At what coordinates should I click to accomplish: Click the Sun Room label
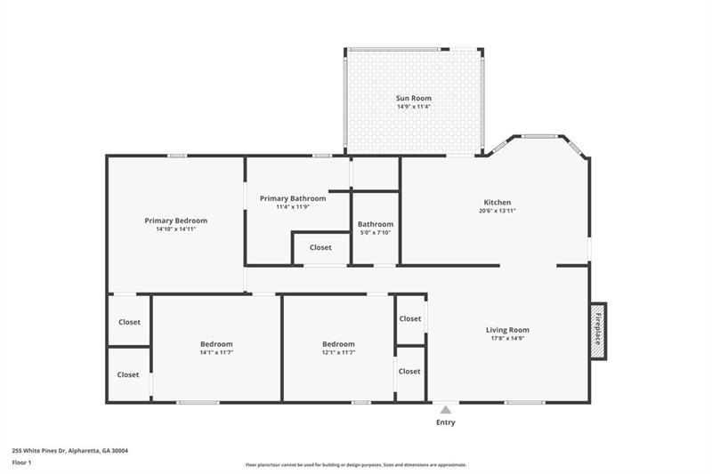click(x=413, y=98)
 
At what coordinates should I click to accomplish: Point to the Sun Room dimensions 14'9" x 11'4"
click(x=413, y=107)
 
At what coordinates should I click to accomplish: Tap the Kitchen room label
click(x=497, y=202)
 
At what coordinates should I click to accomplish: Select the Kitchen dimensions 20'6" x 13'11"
click(x=497, y=211)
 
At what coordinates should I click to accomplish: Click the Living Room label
click(x=507, y=330)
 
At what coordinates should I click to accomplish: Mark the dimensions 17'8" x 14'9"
click(x=507, y=339)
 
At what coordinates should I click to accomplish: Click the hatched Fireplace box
click(x=599, y=330)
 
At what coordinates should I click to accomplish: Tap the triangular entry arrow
click(x=445, y=410)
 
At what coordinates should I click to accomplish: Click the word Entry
click(x=445, y=422)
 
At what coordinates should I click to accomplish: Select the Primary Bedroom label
click(x=175, y=221)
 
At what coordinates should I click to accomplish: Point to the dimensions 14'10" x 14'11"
click(x=175, y=229)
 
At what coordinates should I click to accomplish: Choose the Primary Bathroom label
click(x=293, y=198)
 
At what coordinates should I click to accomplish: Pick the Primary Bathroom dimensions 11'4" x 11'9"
click(x=293, y=207)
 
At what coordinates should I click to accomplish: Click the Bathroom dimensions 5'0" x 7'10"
click(x=375, y=233)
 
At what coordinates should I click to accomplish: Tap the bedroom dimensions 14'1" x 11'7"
click(x=216, y=353)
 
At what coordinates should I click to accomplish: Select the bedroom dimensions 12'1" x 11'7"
click(x=338, y=353)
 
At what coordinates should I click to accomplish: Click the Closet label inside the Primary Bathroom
click(x=320, y=247)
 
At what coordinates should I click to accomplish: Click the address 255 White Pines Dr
click(x=69, y=450)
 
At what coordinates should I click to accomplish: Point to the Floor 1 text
click(x=22, y=462)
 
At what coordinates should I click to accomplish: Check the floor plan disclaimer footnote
click(x=356, y=464)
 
